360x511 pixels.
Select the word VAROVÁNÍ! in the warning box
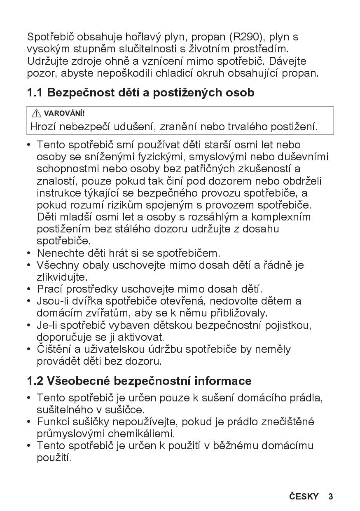pyautogui.click(x=64, y=113)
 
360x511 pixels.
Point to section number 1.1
pyautogui.click(x=35, y=93)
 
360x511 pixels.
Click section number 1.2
pyautogui.click(x=35, y=381)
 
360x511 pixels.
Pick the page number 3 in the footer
pyautogui.click(x=330, y=497)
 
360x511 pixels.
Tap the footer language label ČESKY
pyautogui.click(x=304, y=497)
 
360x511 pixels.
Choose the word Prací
pyautogui.click(x=48, y=289)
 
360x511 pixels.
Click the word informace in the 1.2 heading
pyautogui.click(x=223, y=381)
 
